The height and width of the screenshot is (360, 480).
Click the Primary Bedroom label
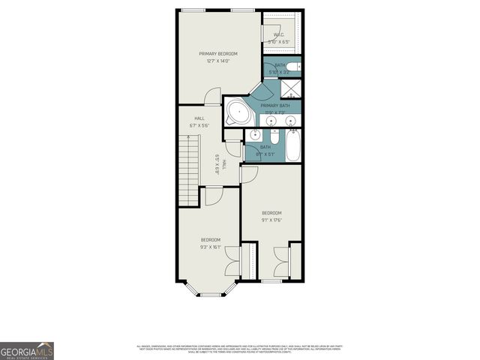click(218, 54)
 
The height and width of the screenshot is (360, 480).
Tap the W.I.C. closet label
click(278, 34)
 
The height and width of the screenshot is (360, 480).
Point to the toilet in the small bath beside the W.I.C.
click(297, 67)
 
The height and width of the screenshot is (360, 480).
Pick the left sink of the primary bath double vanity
click(269, 121)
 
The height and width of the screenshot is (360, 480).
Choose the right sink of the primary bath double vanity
click(289, 121)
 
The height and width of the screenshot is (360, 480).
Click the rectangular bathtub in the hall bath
click(292, 145)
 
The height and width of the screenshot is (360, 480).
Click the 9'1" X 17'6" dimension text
click(271, 220)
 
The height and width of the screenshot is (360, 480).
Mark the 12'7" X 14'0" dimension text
click(218, 61)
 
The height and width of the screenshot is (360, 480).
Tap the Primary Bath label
click(274, 106)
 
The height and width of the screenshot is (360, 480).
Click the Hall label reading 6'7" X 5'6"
click(199, 121)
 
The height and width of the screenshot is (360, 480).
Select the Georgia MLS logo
click(27, 351)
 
